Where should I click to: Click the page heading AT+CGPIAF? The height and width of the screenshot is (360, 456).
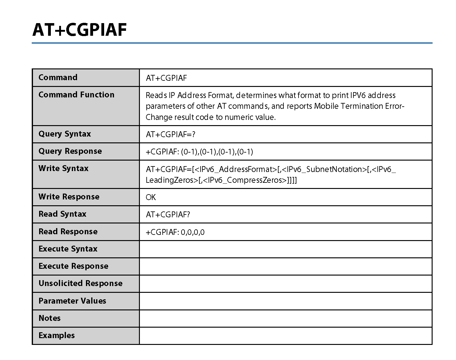coord(79,30)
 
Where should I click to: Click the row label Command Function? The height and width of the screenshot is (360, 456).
coord(76,95)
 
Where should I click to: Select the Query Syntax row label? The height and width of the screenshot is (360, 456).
coord(64,134)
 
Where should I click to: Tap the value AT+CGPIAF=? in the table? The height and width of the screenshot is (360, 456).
coord(170,134)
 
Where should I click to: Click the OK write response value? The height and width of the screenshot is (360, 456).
coord(151,197)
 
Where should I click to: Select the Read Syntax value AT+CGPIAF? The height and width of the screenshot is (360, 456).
coord(168,215)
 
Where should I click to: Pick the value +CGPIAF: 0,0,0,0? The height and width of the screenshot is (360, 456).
coord(175,232)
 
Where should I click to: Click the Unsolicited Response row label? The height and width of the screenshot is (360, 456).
coord(80,283)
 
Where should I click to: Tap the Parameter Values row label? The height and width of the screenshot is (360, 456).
coord(72,301)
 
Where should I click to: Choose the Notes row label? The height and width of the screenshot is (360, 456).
coord(49,318)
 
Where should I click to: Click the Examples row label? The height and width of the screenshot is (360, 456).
coord(56,335)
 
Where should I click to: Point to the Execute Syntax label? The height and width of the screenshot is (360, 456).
coord(68,249)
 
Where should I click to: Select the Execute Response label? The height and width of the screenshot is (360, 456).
coord(73,266)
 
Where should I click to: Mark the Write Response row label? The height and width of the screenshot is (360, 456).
coord(69,197)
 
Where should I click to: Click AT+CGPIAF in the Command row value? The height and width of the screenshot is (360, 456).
coord(166,78)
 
